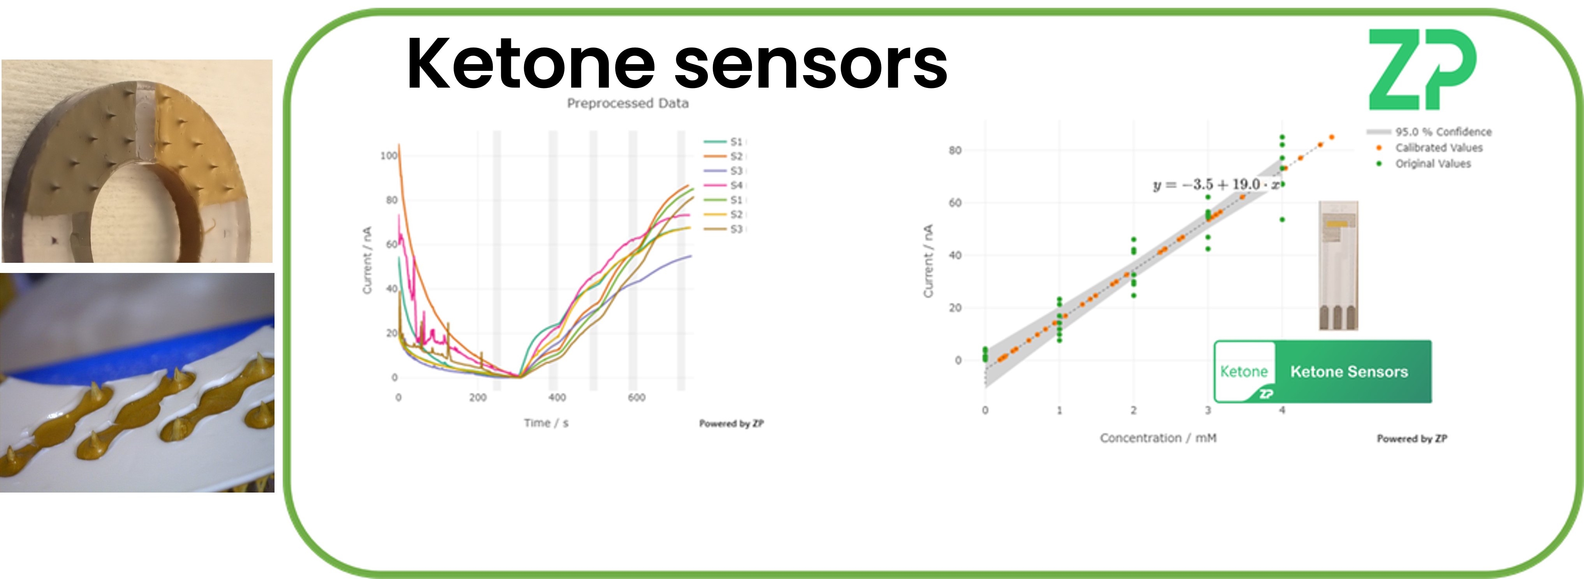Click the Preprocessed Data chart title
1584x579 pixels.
[627, 103]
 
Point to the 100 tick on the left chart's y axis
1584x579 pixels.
[389, 155]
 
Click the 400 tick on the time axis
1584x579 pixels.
[556, 398]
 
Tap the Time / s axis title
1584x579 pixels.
[546, 423]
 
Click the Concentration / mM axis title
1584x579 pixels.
[1158, 438]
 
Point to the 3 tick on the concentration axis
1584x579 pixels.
[1208, 410]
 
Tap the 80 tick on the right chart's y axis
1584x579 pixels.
[954, 150]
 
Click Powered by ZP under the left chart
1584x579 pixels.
[731, 424]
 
